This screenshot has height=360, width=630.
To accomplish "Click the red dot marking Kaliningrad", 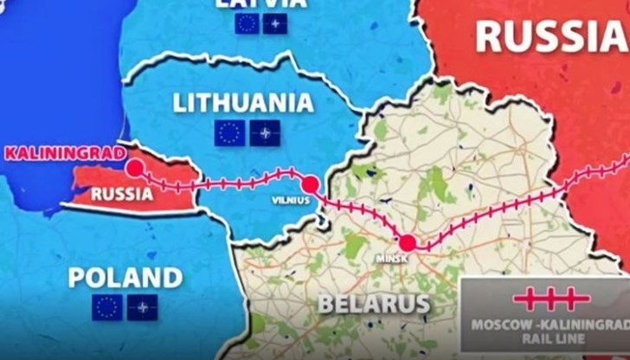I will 135,168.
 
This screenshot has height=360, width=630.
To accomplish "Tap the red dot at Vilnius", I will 310,183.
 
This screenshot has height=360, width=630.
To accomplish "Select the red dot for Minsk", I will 408,242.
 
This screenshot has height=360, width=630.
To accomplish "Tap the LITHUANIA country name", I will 243,103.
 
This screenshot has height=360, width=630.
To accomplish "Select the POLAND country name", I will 125,278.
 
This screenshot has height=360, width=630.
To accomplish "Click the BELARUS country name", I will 374,304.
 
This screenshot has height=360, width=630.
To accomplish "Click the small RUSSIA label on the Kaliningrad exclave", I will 122,193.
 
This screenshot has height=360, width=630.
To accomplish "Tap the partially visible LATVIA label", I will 262,3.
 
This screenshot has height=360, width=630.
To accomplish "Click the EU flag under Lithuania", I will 228,132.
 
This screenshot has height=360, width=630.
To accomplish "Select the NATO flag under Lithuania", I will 265,132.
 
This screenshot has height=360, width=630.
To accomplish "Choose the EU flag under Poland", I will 106,307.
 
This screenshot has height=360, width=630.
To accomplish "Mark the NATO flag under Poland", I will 143,307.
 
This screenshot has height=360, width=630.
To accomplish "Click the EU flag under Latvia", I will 247,23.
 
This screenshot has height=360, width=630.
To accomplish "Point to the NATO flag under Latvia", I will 275,23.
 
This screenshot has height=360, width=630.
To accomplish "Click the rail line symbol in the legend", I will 550,299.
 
